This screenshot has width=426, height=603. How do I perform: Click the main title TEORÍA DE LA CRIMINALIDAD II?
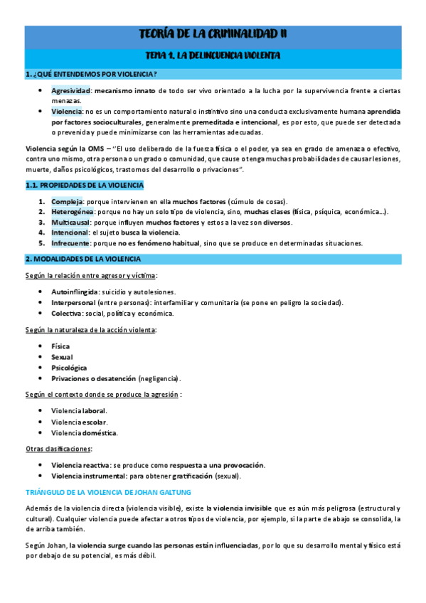pyautogui.click(x=213, y=33)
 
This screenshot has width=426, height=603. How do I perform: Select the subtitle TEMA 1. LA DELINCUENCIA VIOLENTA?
pyautogui.click(x=213, y=55)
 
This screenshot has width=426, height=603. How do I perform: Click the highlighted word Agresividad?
pyautogui.click(x=70, y=91)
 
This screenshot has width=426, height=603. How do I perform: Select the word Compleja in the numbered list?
pyautogui.click(x=65, y=202)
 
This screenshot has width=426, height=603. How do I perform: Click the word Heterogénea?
pyautogui.click(x=71, y=212)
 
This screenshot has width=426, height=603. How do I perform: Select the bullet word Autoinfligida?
pyautogui.click(x=73, y=292)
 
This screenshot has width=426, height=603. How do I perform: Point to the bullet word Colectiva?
pyautogui.click(x=66, y=313)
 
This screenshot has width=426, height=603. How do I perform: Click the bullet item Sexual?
pyautogui.click(x=62, y=357)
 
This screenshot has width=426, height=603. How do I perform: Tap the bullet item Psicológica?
pyautogui.click(x=69, y=368)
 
